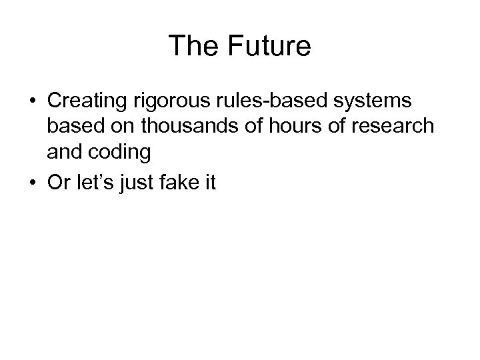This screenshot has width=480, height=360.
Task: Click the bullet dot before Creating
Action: point(31,102)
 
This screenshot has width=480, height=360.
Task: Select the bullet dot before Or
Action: point(31,182)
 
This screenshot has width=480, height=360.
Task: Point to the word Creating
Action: point(86,101)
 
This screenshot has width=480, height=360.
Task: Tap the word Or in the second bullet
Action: point(57,181)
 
